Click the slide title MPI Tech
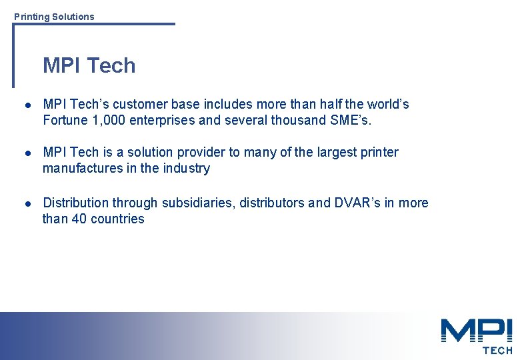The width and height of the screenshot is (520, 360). click(89, 65)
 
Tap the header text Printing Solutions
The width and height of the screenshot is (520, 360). click(54, 17)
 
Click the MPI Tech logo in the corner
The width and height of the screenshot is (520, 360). click(476, 336)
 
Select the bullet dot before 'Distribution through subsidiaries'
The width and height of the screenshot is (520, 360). click(26, 203)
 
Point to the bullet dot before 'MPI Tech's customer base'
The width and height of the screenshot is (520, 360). click(26, 105)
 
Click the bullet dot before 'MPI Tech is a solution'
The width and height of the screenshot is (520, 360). click(26, 153)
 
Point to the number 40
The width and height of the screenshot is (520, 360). click(79, 219)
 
